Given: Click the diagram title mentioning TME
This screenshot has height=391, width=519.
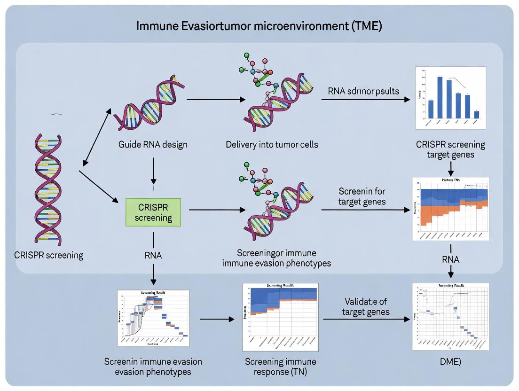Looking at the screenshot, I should pyautogui.click(x=259, y=26).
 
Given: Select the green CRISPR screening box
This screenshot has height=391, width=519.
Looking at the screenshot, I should pyautogui.click(x=153, y=212).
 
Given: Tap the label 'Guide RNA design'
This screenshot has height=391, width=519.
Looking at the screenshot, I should pyautogui.click(x=153, y=144).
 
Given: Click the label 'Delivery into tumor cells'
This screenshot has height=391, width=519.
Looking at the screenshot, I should pyautogui.click(x=271, y=144).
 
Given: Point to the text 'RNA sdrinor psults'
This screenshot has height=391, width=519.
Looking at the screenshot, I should pyautogui.click(x=361, y=91).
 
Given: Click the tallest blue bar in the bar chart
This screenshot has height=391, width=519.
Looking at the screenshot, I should pyautogui.click(x=440, y=97).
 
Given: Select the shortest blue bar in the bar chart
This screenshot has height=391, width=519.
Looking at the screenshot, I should pyautogui.click(x=477, y=114).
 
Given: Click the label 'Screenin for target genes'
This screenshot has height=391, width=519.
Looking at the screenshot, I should pyautogui.click(x=362, y=196).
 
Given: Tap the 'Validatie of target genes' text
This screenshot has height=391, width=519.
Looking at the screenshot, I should pyautogui.click(x=365, y=306).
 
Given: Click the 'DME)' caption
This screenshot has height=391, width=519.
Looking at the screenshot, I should pyautogui.click(x=450, y=362).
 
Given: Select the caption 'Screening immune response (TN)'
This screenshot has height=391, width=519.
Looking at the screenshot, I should pyautogui.click(x=280, y=367).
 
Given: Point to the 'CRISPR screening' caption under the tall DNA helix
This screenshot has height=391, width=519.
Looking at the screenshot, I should pyautogui.click(x=49, y=256).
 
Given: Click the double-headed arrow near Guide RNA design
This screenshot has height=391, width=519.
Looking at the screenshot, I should pyautogui.click(x=97, y=136).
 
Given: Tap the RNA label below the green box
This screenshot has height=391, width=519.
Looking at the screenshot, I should pyautogui.click(x=153, y=256).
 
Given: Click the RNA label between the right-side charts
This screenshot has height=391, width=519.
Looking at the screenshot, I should pyautogui.click(x=450, y=259).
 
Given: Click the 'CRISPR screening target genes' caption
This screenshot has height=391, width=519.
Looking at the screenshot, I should pyautogui.click(x=450, y=149).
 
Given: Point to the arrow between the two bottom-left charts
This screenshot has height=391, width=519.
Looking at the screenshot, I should pyautogui.click(x=217, y=319).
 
